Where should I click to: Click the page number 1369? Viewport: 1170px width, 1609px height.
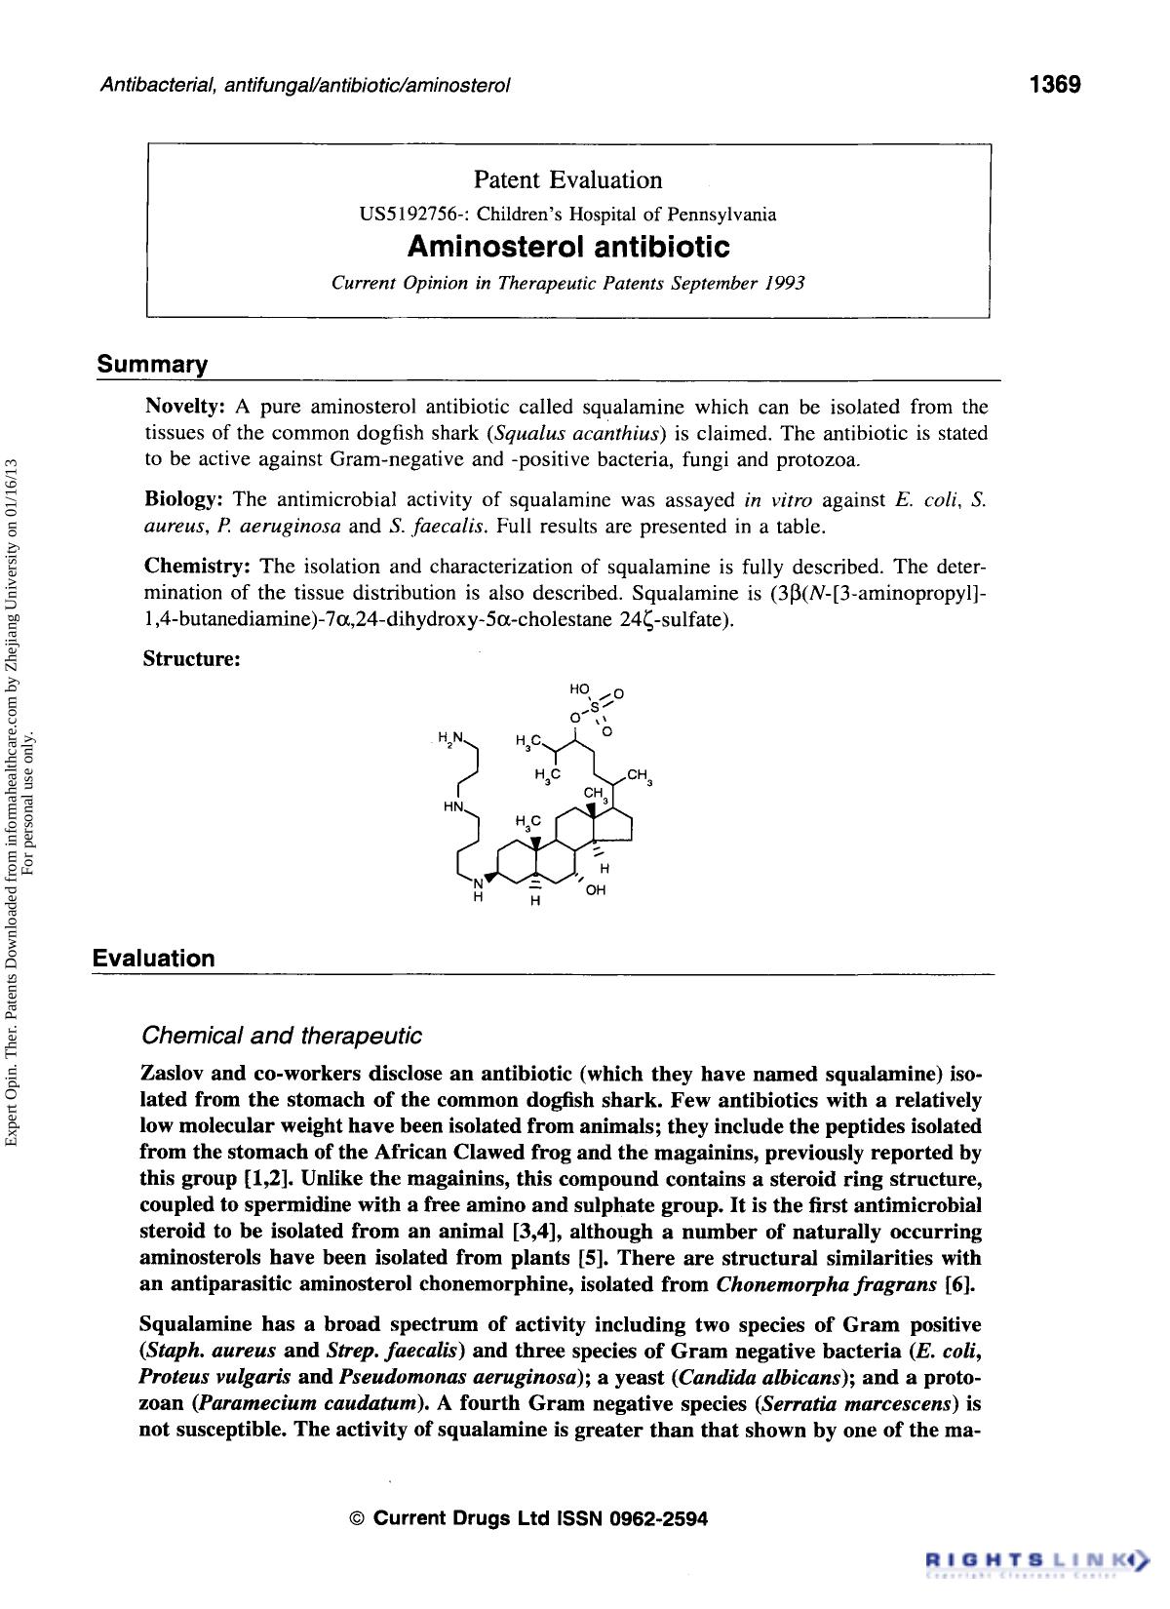pyautogui.click(x=1055, y=85)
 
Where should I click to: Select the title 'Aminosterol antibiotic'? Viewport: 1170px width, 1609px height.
pyautogui.click(x=567, y=248)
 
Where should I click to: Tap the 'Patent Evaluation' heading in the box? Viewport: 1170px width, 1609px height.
pyautogui.click(x=567, y=179)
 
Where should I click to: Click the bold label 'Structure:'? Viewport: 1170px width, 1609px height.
pyautogui.click(x=191, y=658)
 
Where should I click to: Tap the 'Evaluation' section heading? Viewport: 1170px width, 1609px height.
pyautogui.click(x=154, y=958)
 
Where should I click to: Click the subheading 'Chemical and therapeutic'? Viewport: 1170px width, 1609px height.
pyautogui.click(x=282, y=1035)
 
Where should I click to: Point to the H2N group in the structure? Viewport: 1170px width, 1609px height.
pyautogui.click(x=451, y=736)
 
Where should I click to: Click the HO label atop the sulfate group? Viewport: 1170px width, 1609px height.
pyautogui.click(x=579, y=688)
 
